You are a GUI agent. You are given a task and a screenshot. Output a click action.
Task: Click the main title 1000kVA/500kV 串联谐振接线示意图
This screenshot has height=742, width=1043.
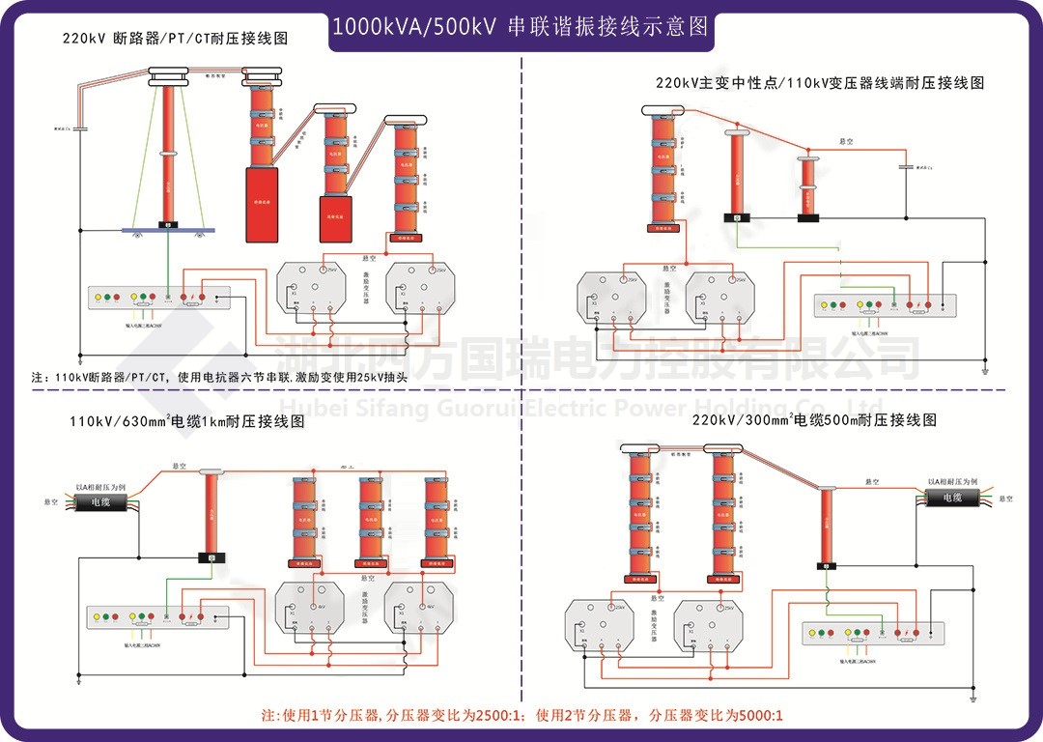pos(521,27)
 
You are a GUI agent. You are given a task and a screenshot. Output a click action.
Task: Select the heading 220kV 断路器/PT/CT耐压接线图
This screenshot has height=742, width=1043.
pos(175,39)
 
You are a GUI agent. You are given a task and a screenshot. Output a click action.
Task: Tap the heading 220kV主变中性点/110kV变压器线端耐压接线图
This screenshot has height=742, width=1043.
pos(820,83)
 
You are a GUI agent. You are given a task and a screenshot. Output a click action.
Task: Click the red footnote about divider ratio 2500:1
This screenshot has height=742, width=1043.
pos(521,716)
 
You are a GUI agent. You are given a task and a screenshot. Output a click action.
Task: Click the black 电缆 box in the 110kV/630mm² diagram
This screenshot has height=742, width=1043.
pos(101,502)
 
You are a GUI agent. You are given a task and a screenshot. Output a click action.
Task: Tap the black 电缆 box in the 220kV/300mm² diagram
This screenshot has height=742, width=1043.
pos(952,497)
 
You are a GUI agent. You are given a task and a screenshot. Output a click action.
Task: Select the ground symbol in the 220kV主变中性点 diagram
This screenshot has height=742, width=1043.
pos(984,370)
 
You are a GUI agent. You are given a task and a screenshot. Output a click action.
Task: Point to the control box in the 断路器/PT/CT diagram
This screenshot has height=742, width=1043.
pos(159,298)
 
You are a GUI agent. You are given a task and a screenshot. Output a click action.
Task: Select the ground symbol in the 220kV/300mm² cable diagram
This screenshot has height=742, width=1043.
pos(973,696)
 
